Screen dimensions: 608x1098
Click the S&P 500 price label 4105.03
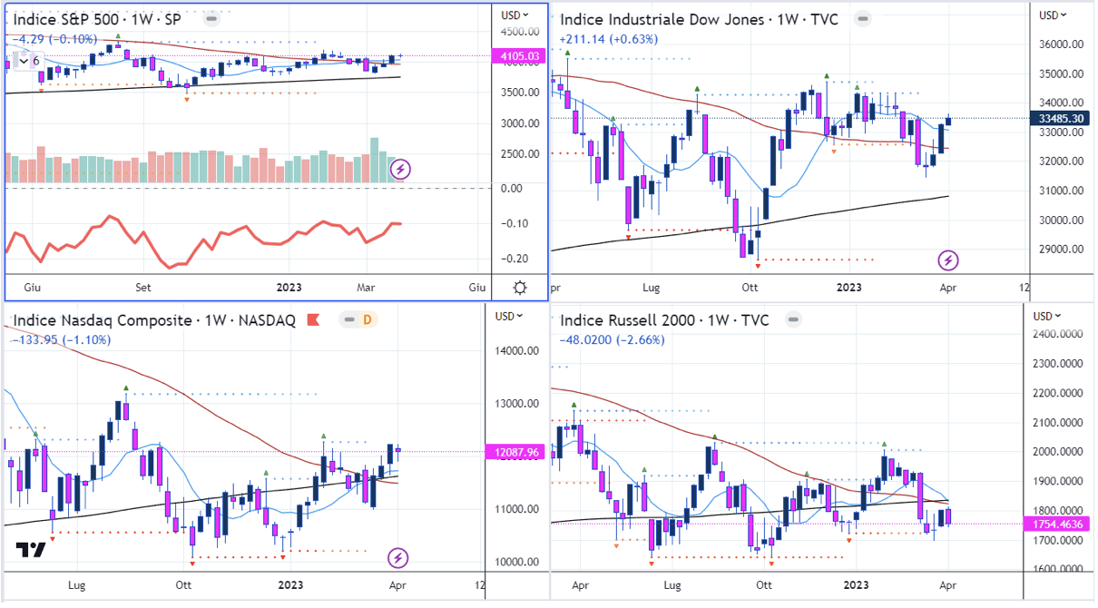[x=519, y=56]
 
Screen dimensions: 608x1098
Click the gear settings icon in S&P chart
[x=520, y=288]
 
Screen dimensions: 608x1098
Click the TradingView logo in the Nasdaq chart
[x=31, y=551]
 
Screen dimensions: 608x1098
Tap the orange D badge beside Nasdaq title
[x=368, y=319]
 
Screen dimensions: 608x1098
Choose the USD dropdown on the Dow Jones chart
[x=1053, y=15]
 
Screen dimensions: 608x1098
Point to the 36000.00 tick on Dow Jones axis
[x=1063, y=44]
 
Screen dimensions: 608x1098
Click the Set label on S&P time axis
[x=142, y=288]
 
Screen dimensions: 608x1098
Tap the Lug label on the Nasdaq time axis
[x=77, y=586]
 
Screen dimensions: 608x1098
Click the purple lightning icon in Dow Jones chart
[x=948, y=261]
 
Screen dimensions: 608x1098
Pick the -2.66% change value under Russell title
[x=642, y=340]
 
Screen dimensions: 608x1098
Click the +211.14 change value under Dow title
[x=583, y=39]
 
